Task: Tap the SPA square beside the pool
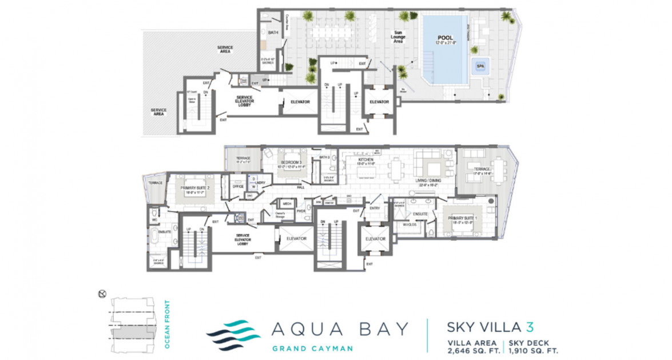(479, 66)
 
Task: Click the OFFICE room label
(238, 186)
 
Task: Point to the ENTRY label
(374, 208)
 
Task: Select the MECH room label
(287, 203)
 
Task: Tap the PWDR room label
(300, 211)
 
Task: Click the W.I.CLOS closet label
(409, 224)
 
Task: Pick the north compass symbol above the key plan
(102, 293)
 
